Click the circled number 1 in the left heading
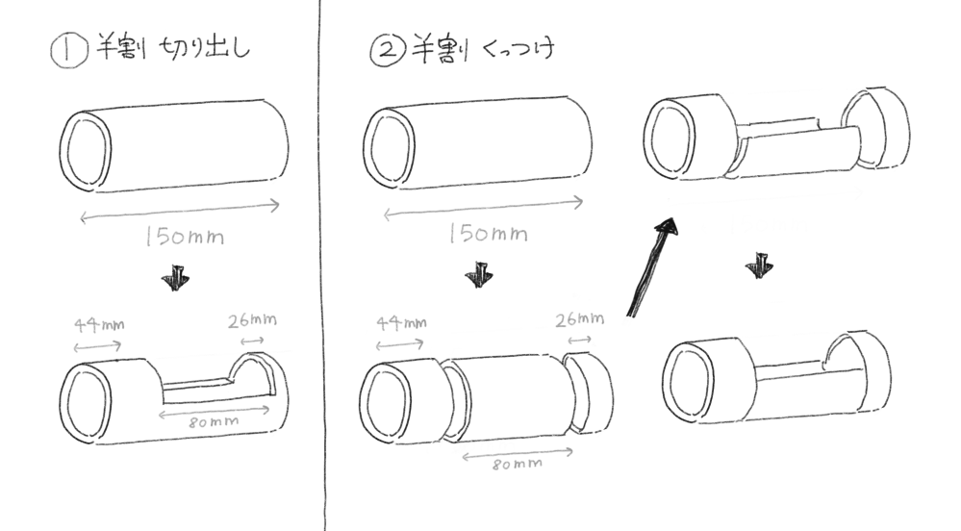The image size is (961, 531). click(68, 50)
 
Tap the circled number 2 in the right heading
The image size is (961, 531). click(388, 49)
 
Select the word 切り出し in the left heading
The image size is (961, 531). click(205, 48)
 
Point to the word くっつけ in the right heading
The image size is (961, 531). click(518, 47)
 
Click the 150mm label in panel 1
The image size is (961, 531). click(185, 236)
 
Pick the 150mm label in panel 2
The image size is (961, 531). click(489, 233)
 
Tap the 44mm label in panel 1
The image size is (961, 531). click(99, 324)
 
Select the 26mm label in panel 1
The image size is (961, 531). click(252, 320)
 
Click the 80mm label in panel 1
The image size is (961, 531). click(214, 422)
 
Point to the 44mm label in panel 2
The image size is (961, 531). click(401, 322)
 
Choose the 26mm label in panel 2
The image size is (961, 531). click(580, 319)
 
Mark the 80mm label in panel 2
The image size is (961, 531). click(518, 465)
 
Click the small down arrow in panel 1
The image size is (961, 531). click(176, 278)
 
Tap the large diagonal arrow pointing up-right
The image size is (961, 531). click(652, 267)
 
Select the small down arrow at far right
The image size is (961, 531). click(759, 265)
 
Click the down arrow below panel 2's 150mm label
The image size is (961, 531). click(479, 275)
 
